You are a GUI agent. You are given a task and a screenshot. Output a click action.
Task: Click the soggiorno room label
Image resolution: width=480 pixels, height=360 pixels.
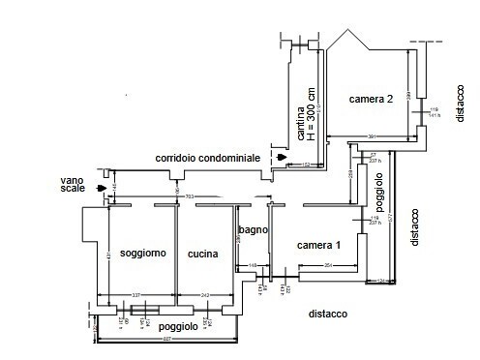click(x=142, y=254)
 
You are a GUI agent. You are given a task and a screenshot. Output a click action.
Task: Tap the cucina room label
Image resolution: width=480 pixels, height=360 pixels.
click(x=203, y=254)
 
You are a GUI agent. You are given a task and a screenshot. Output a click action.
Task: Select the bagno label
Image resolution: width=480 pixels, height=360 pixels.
click(x=253, y=228)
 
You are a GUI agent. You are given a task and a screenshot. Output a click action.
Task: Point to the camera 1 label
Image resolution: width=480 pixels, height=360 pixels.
click(x=318, y=244)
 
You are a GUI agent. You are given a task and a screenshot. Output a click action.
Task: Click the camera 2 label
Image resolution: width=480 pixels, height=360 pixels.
click(x=371, y=99)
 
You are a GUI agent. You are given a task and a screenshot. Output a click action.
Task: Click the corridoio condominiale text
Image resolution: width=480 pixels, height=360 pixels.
click(x=207, y=157)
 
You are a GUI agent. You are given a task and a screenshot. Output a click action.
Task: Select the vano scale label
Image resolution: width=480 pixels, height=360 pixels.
click(x=74, y=184)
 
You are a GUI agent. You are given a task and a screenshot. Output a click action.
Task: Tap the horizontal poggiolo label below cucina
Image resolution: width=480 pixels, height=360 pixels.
click(x=179, y=327)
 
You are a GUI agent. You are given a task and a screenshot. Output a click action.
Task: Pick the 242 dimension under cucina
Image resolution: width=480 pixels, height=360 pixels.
click(x=205, y=294)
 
